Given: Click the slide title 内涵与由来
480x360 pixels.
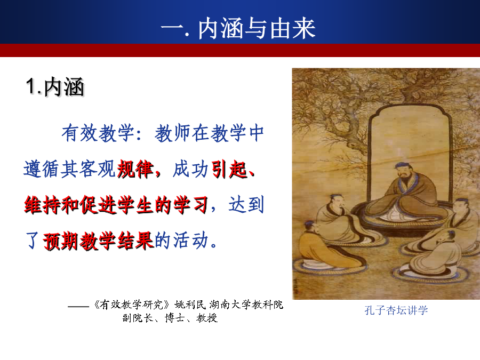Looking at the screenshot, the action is coord(257,28).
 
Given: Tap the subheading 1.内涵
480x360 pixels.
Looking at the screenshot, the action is coord(55,87).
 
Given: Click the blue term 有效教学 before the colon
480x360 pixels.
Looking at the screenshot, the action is coord(98,133).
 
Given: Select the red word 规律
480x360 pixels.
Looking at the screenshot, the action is coord(135,169).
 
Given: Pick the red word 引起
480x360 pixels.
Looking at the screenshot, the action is coord(229,169).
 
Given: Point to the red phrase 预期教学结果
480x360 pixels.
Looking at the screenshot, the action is coord(98,241).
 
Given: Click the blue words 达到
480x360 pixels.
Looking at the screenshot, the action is coord(246,205).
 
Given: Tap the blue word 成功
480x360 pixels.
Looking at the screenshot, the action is coord(190,169).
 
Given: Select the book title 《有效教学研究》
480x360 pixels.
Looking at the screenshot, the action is coord(132,305).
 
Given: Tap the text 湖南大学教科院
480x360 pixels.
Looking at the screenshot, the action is coord(246,305).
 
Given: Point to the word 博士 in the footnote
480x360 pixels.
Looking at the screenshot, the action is coord(175,318).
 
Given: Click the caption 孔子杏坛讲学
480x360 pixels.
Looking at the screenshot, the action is coord(396,310).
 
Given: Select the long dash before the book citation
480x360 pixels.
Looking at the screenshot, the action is coord(78,306).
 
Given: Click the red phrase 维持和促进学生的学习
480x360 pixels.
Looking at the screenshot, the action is coord(116,205).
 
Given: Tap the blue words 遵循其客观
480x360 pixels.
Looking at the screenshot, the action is coord(69,169).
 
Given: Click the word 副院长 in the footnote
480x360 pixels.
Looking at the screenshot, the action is coord(138,318).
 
